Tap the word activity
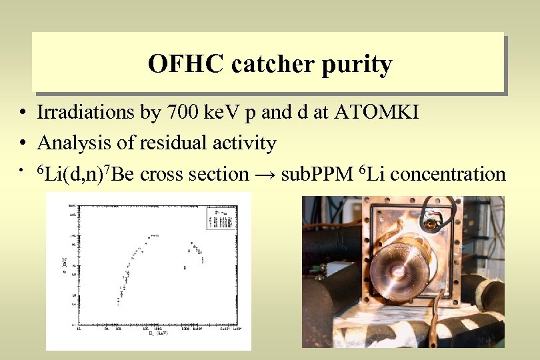pyautogui.click(x=243, y=143)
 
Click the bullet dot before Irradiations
pyautogui.click(x=23, y=112)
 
